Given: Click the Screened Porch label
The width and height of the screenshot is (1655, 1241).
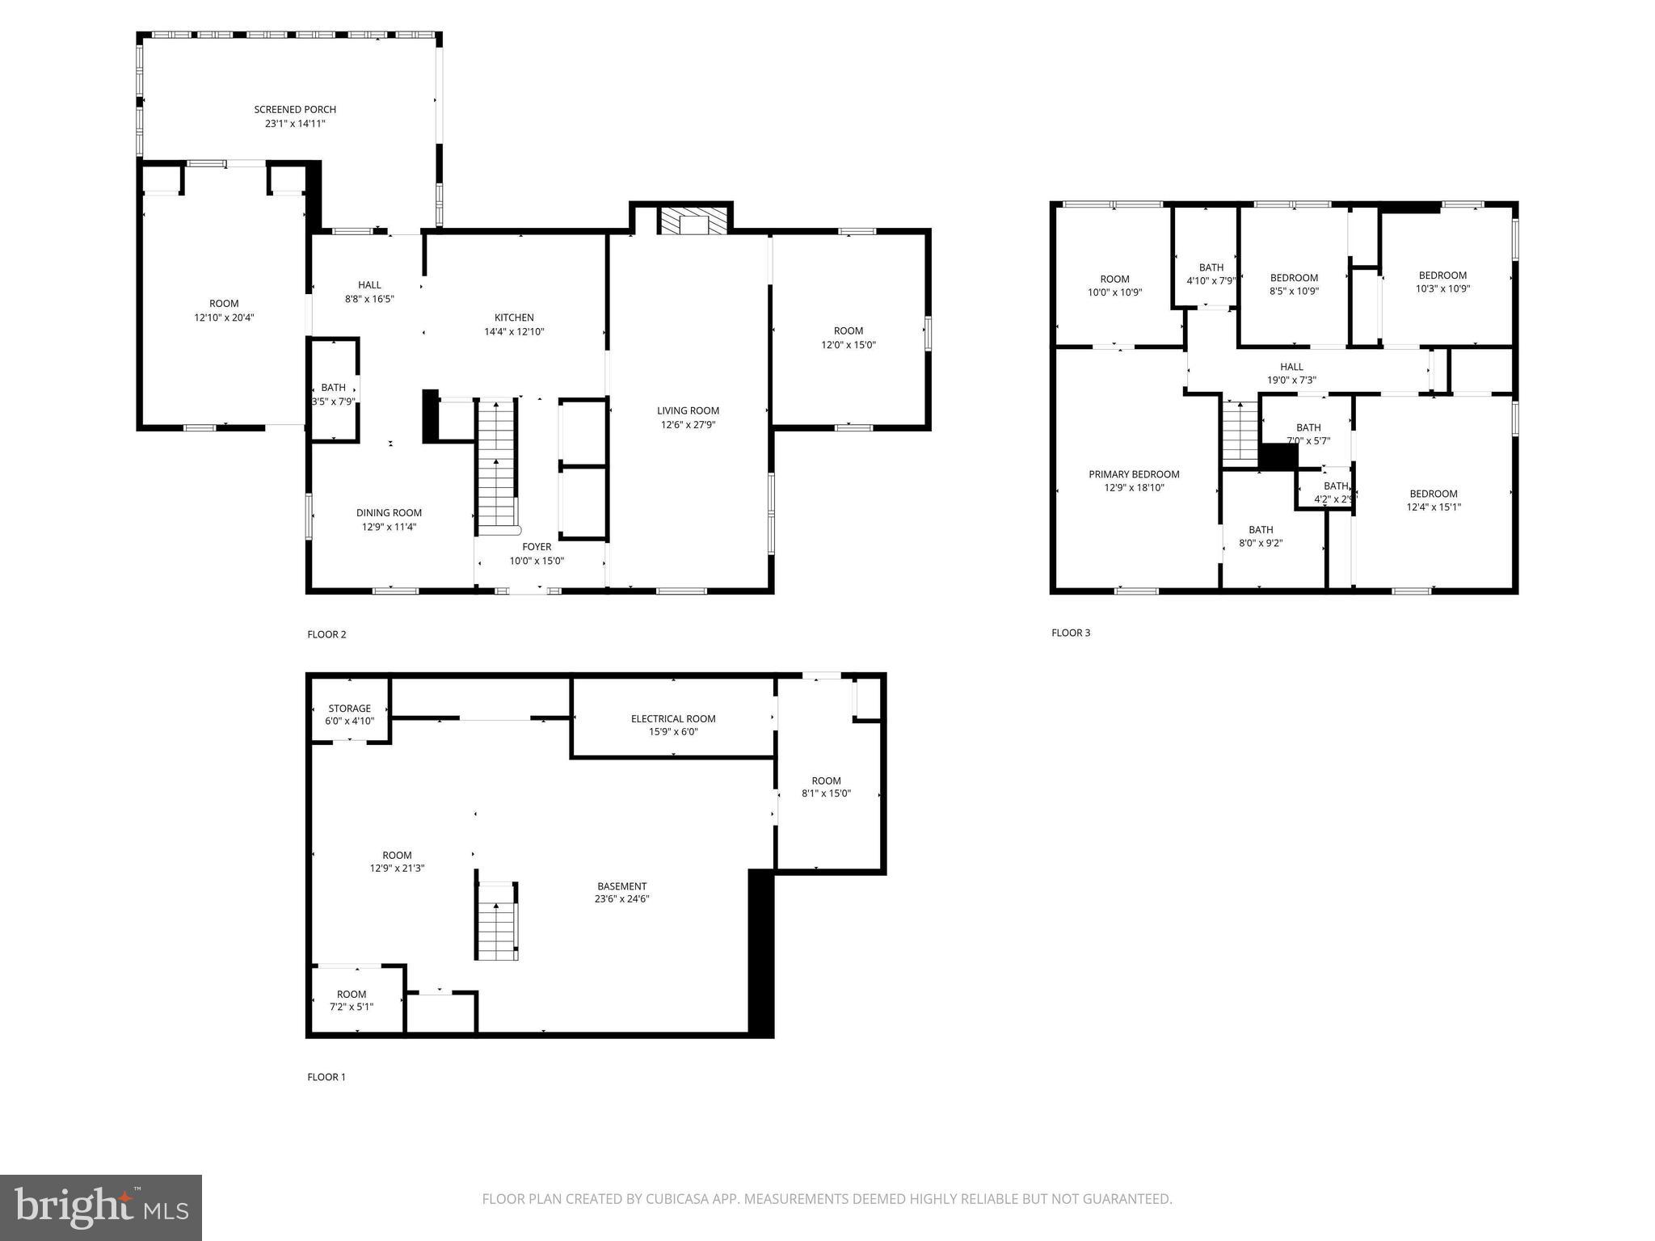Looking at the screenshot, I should (295, 109).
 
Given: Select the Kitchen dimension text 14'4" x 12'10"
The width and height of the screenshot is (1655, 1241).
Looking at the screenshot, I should (514, 331).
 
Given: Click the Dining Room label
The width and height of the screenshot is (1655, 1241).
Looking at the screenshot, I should (389, 512).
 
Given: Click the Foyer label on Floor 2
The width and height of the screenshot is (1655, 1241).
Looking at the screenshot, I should (537, 547).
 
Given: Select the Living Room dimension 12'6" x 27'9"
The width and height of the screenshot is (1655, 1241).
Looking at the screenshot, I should (688, 424).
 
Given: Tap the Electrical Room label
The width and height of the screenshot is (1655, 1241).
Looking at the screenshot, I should (673, 718).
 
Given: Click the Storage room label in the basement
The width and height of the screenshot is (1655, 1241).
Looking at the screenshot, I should (349, 709).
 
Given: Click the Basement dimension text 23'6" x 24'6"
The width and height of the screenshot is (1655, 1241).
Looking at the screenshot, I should (621, 898).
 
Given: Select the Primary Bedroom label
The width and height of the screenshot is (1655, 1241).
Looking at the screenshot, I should (1134, 474).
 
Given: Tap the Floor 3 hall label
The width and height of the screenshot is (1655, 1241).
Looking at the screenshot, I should (1291, 367).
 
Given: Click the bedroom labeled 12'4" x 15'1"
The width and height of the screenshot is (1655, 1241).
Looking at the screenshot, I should (1434, 500).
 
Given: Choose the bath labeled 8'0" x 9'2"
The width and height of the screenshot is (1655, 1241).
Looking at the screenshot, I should (1261, 536).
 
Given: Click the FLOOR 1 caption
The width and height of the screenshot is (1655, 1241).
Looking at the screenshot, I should (326, 1077).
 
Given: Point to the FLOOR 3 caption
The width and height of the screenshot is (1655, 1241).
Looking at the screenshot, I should (1071, 633).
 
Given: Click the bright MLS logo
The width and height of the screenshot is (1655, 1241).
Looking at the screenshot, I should (101, 1207).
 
